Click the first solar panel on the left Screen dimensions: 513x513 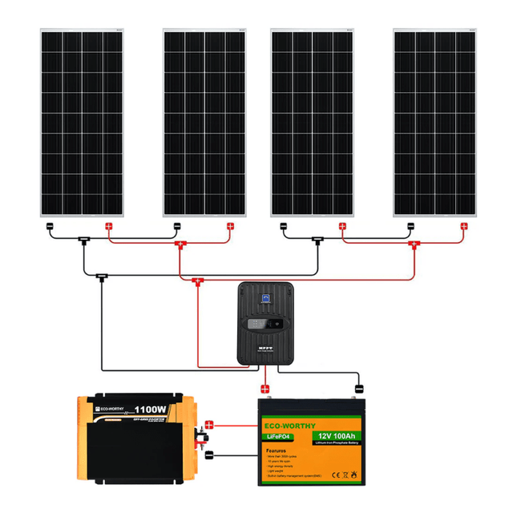82,122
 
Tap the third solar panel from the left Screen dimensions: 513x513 313,122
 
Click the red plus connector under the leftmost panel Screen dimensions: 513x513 109,226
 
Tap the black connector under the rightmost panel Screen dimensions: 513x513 410,226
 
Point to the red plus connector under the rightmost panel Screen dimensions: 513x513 463,226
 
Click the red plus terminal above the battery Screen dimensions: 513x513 265,389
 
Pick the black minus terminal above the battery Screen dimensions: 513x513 361,387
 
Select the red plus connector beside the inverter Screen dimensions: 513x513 210,425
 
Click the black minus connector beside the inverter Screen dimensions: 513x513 209,455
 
